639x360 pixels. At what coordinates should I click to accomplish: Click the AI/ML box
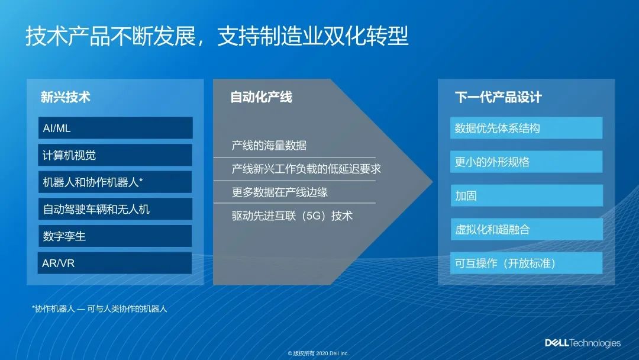(115, 128)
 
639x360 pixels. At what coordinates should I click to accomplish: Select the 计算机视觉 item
(115, 155)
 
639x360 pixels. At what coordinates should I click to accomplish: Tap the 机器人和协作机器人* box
(115, 182)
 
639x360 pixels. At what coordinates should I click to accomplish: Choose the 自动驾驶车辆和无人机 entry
(115, 209)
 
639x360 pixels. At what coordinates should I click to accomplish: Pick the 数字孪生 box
(115, 236)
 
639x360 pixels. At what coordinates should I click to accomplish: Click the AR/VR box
(115, 263)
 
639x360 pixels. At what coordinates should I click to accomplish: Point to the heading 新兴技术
(65, 97)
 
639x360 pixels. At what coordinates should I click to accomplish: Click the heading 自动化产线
(262, 97)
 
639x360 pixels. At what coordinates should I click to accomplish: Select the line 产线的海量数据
(269, 145)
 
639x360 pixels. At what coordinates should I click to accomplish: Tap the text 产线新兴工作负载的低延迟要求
(306, 169)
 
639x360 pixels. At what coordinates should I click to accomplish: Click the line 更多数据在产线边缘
(279, 192)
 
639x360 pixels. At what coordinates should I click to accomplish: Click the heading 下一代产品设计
(498, 97)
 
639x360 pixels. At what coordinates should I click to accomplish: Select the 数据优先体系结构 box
(527, 128)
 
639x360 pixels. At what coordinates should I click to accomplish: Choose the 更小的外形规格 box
(527, 162)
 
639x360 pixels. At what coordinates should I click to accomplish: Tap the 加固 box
(527, 196)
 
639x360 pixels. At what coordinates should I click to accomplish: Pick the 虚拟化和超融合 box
(527, 229)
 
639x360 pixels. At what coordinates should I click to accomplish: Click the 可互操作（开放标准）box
(527, 263)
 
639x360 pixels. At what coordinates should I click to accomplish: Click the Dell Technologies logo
(583, 343)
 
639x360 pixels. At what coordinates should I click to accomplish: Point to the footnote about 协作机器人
(99, 308)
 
